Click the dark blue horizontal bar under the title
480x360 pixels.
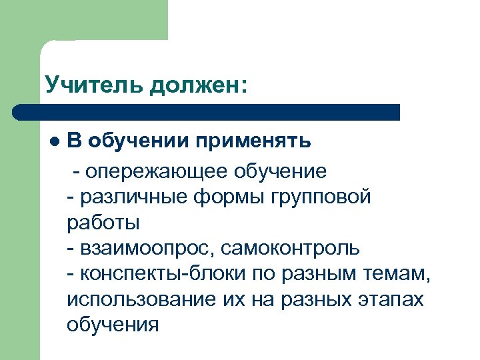(207, 112)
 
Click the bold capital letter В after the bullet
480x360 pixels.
(75, 141)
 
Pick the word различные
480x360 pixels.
(131, 197)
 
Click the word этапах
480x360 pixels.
(393, 300)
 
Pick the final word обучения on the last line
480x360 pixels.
(113, 325)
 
